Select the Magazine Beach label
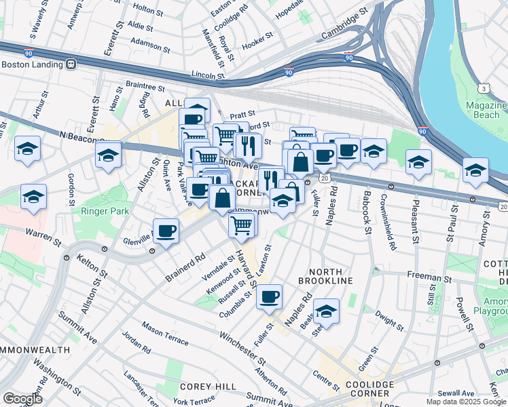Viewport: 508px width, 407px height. click(486, 111)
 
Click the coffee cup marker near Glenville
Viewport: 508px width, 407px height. click(166, 231)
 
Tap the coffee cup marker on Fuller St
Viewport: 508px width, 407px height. click(269, 296)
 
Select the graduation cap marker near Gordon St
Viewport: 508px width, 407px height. click(33, 196)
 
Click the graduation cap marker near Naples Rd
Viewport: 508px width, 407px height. click(326, 311)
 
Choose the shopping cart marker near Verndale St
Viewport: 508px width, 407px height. click(242, 224)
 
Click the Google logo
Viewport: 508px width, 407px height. click(22, 399)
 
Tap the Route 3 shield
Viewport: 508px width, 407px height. click(483, 88)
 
